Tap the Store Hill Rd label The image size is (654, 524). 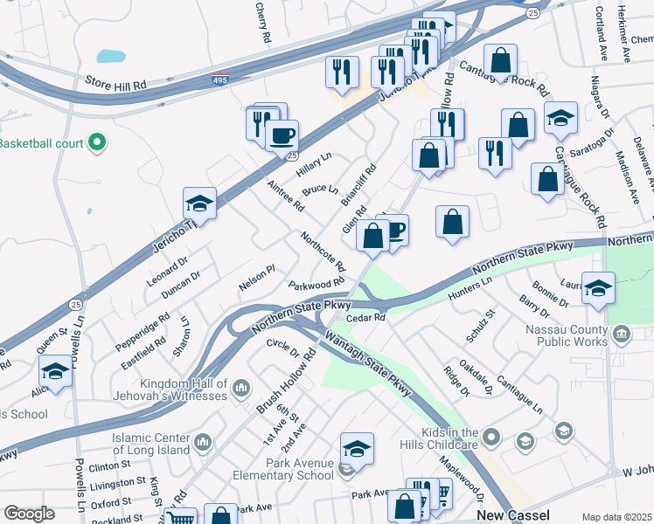point(115,81)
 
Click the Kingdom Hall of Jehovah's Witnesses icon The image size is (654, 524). point(241,389)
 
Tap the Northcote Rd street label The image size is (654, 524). point(323,252)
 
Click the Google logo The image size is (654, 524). point(29,514)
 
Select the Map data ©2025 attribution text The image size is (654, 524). point(616,517)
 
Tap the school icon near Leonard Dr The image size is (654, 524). point(199,204)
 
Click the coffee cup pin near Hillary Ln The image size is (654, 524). point(282,136)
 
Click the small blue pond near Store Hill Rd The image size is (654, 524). point(111,57)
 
